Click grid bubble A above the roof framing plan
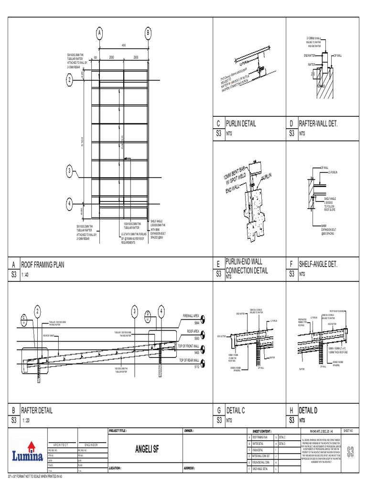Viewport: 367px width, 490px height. (x=99, y=33)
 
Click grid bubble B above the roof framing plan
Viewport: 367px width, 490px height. (x=148, y=33)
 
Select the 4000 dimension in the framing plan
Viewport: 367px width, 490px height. (x=124, y=46)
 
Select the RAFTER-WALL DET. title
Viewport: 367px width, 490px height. (x=318, y=123)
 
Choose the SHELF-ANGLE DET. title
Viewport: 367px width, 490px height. (x=318, y=264)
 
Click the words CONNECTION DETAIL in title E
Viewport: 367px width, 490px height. (x=247, y=270)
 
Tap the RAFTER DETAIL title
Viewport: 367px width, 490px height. (x=36, y=411)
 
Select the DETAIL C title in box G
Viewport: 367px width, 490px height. (x=236, y=411)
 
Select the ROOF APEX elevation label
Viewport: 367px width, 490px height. (x=193, y=332)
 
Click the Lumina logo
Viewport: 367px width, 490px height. (x=28, y=453)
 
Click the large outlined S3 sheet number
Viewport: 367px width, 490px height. (x=351, y=451)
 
